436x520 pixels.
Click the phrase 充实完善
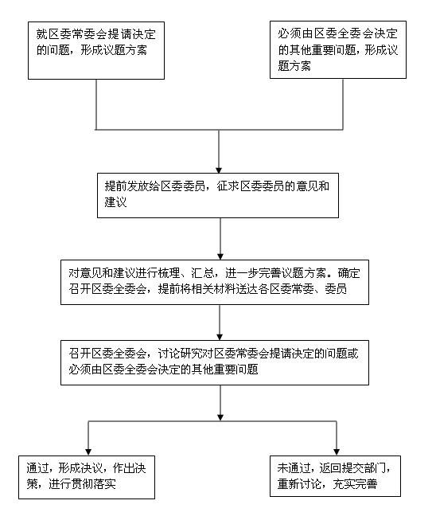(355, 484)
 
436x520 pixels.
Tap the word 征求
(228, 186)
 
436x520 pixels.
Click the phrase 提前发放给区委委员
(154, 186)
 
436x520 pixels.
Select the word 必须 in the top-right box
(289, 33)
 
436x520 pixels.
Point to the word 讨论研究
(180, 354)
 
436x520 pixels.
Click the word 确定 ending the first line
(348, 273)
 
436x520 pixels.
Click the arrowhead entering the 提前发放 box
(219, 170)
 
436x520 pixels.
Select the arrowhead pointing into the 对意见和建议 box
(220, 256)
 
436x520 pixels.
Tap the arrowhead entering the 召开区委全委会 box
(220, 337)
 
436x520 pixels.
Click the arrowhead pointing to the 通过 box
(88, 452)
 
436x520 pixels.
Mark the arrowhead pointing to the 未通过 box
(337, 452)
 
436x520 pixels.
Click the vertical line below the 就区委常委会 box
(96, 104)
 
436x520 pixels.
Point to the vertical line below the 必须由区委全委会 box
(343, 104)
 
